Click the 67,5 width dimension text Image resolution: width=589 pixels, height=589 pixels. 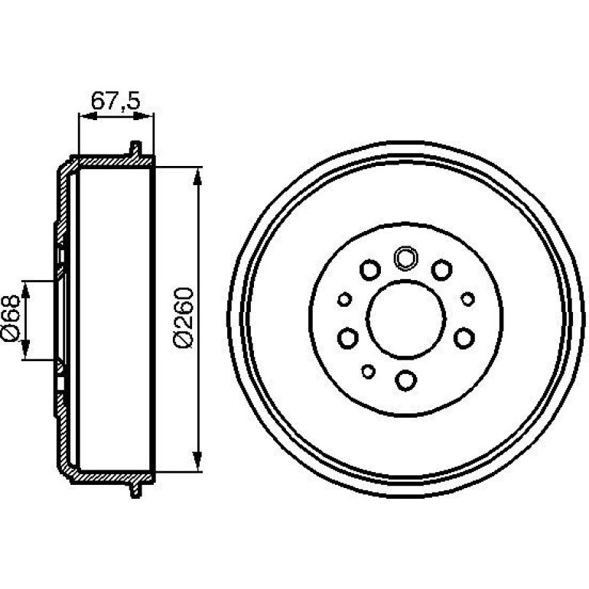pos(116,101)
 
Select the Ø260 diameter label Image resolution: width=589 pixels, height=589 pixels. pos(184,317)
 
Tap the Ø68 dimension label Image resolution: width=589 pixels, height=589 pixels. pos(11,317)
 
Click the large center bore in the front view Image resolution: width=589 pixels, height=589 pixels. pos(405,319)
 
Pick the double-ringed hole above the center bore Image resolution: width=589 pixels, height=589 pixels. pos(405,259)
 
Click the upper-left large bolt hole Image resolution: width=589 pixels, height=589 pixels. pos(370,270)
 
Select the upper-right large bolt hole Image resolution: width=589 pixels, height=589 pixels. pos(441,270)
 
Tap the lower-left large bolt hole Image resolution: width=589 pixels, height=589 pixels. pos(348,338)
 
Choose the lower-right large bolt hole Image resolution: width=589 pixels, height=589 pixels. pos(464,338)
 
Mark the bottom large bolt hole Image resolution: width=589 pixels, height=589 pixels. pos(406,380)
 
